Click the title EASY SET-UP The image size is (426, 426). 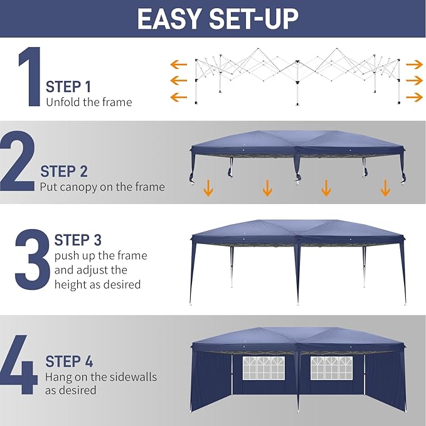(x=217, y=19)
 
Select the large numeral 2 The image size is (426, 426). (x=17, y=162)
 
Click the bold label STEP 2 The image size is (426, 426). (x=64, y=171)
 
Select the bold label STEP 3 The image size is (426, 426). (x=78, y=240)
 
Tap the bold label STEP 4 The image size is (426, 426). (x=69, y=362)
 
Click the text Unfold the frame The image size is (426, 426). (x=89, y=102)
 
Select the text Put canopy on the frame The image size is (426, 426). (x=102, y=186)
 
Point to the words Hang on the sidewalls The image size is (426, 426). (x=101, y=377)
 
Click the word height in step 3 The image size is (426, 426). (x=70, y=284)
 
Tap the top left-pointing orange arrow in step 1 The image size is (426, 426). (x=179, y=64)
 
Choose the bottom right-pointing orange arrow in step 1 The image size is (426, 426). (x=414, y=97)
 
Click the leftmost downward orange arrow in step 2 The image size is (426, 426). (x=208, y=188)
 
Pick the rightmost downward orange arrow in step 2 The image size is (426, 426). (x=385, y=188)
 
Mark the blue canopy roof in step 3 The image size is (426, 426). (x=297, y=231)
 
